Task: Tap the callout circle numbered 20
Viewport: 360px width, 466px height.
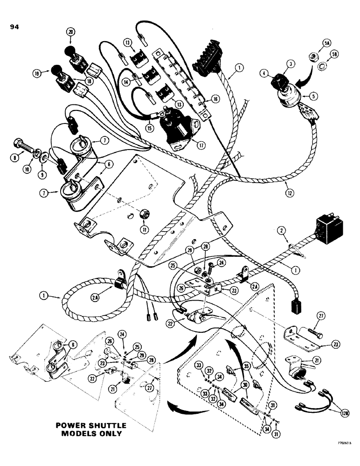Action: [71, 32]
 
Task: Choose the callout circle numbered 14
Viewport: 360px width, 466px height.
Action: [125, 80]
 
